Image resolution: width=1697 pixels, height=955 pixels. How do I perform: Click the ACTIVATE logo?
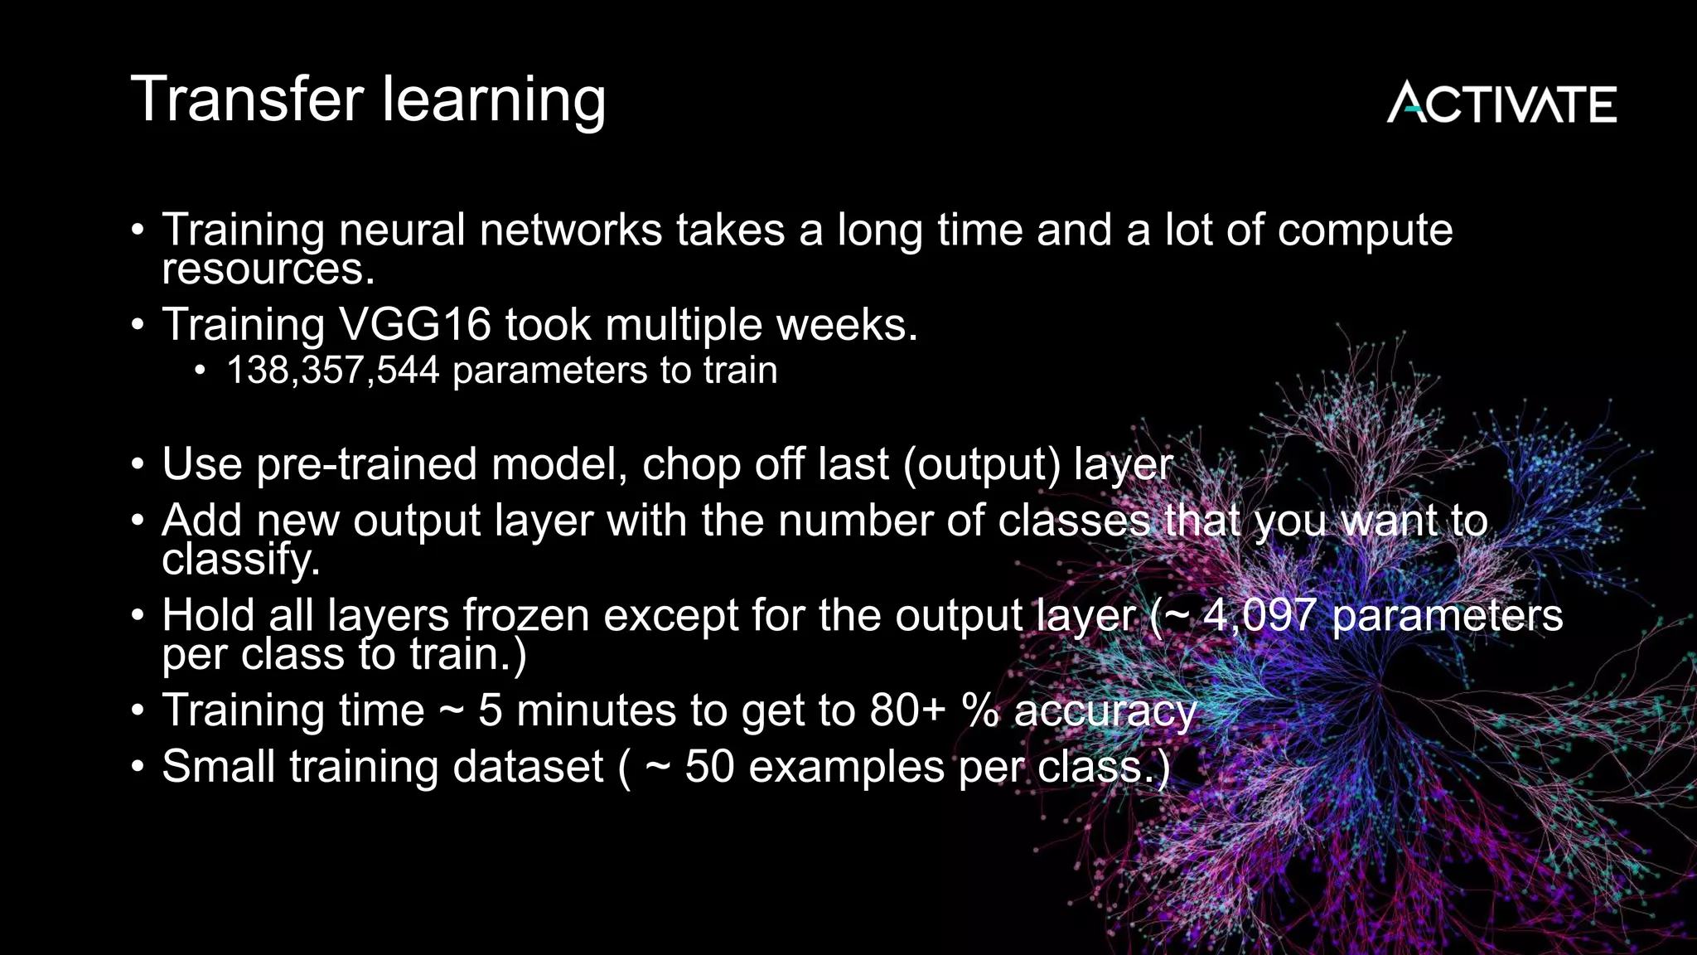[1501, 103]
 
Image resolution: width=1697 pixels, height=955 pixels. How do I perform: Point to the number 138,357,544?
[332, 371]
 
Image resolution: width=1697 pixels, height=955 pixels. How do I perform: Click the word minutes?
[596, 711]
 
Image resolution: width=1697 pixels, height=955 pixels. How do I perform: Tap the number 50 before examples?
[709, 767]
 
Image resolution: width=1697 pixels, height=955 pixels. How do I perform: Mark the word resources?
[268, 269]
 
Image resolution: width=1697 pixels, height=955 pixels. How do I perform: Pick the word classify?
[239, 560]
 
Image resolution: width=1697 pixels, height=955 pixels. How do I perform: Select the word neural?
[401, 230]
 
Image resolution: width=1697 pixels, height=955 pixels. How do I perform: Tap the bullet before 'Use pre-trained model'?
[138, 464]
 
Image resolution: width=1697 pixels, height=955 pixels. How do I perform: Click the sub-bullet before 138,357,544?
[200, 371]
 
